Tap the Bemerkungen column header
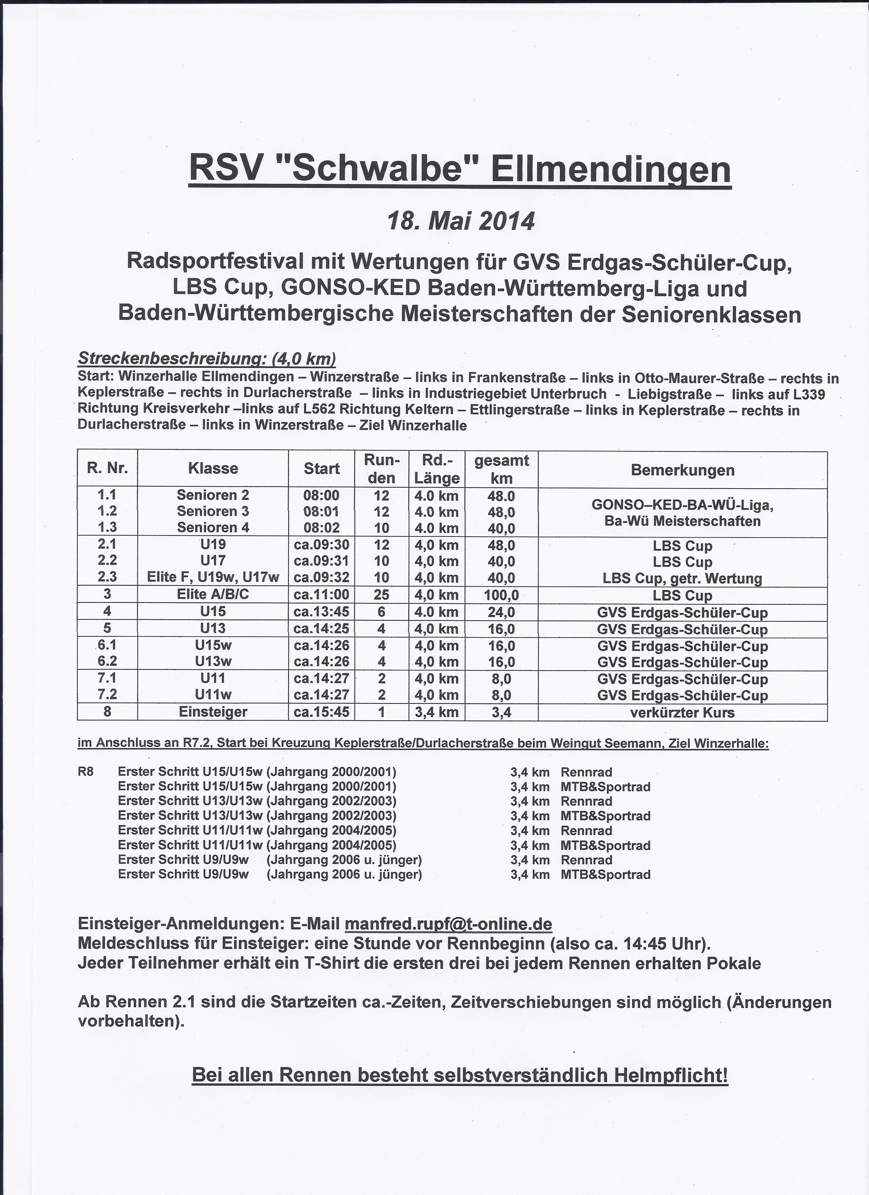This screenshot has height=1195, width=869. tap(682, 470)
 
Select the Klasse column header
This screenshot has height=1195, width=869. tap(213, 468)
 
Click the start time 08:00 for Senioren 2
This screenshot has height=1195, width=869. tap(322, 495)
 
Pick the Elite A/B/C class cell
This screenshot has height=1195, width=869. tap(213, 594)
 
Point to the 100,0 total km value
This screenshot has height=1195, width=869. tap(501, 595)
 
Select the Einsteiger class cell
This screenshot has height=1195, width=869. tap(213, 712)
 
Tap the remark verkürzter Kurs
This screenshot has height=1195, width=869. tap(682, 713)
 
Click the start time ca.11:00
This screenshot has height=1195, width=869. tap(322, 595)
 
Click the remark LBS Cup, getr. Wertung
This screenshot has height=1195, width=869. tap(682, 579)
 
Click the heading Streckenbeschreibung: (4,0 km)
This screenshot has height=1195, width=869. tap(207, 359)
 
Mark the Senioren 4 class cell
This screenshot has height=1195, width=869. tap(213, 527)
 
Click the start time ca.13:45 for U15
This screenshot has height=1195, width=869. tap(322, 612)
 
